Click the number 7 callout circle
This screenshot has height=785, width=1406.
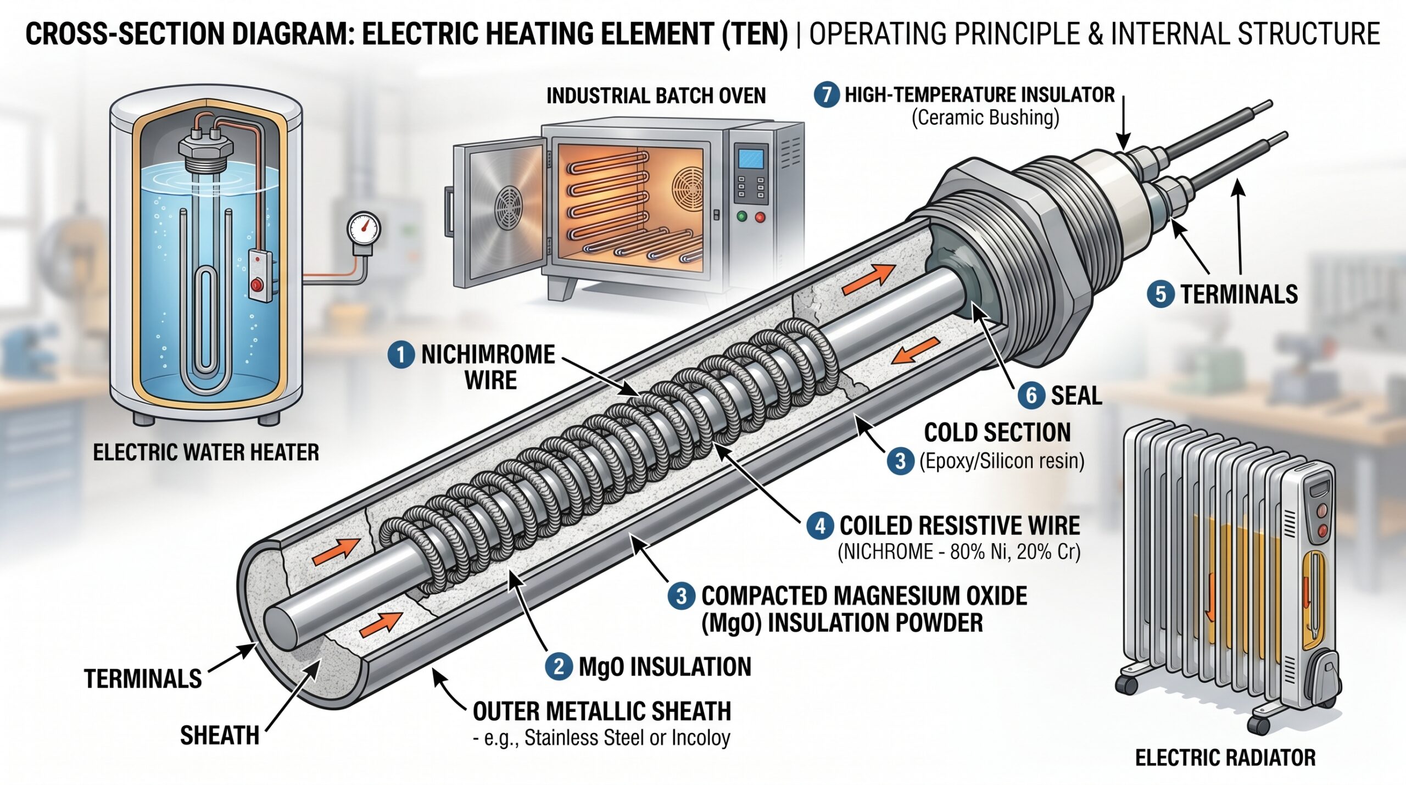827,94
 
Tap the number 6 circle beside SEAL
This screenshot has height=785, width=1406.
1031,396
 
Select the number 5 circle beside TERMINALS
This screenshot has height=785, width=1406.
1160,294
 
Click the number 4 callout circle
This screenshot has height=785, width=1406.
819,526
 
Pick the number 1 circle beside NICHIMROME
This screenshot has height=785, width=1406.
401,354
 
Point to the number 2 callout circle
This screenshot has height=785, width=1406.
559,666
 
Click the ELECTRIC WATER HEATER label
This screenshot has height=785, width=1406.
206,453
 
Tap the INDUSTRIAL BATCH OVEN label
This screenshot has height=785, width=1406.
656,96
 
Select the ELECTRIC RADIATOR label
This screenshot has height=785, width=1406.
1225,758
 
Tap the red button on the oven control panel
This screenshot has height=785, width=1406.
760,217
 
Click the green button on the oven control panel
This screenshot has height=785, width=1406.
741,217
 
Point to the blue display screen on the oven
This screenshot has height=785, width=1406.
751,158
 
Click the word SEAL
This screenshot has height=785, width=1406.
1076,396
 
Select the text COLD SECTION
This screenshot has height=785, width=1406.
997,433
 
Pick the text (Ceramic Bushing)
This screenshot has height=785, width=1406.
985,118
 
